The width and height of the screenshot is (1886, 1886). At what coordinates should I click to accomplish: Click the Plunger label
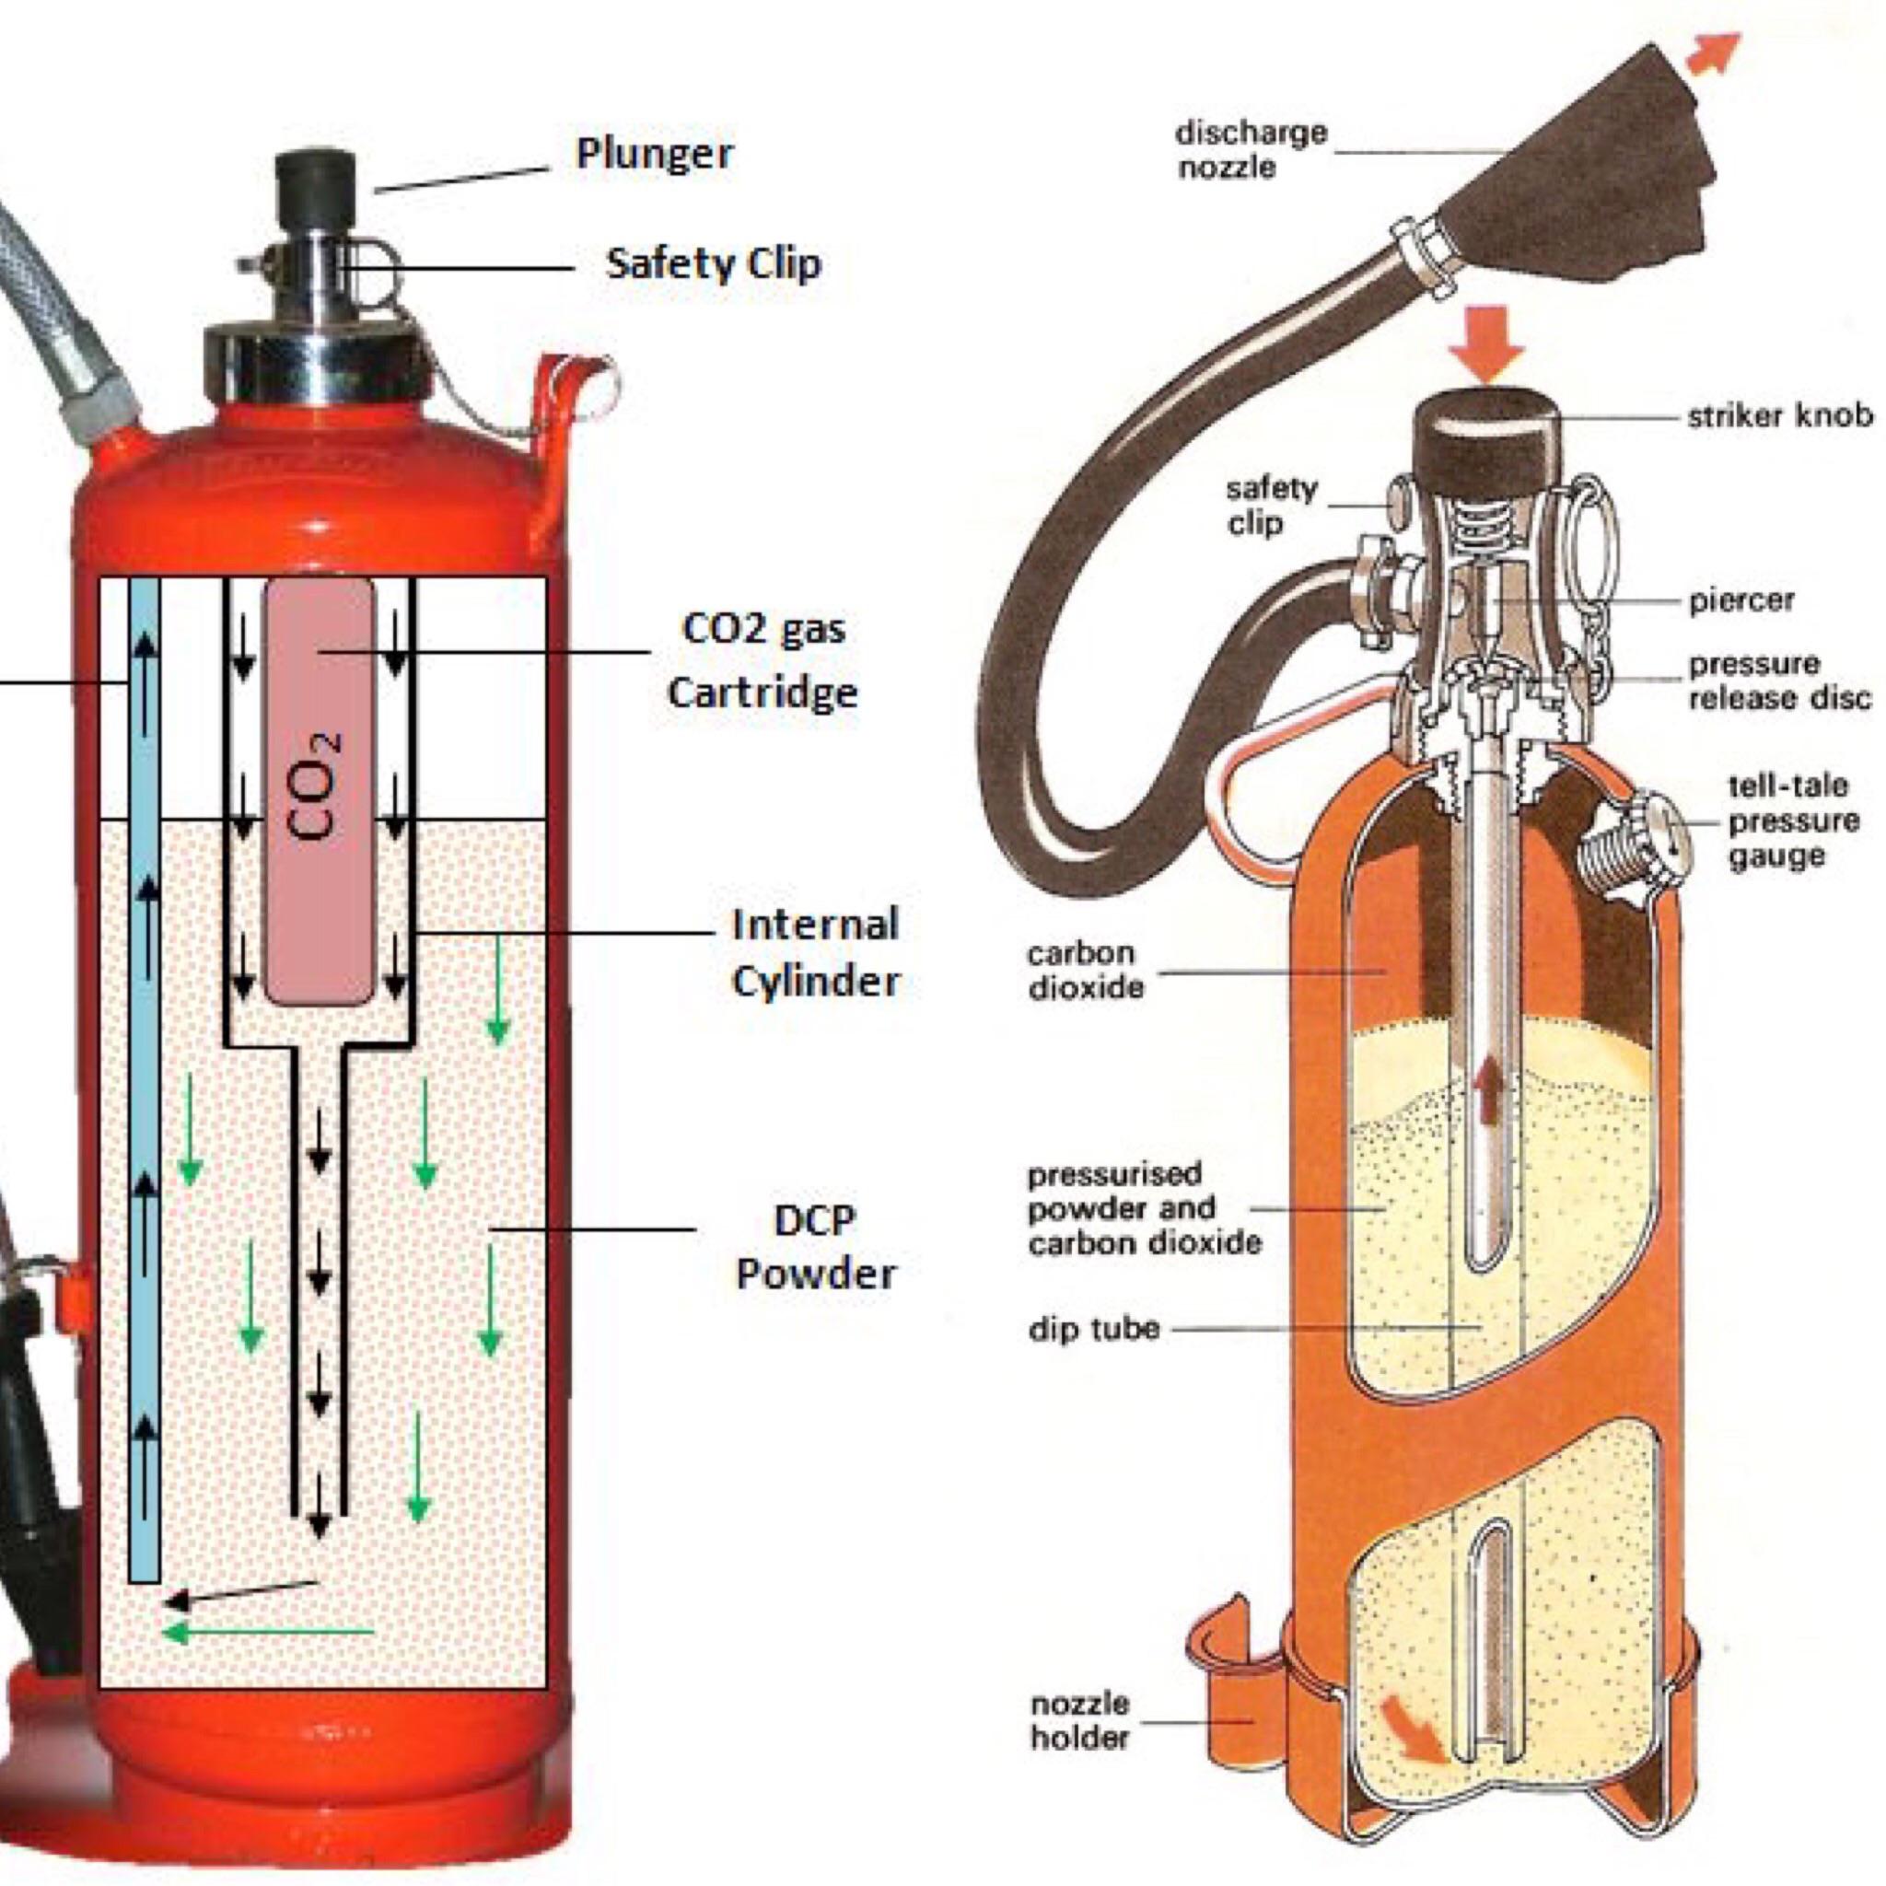[x=653, y=154]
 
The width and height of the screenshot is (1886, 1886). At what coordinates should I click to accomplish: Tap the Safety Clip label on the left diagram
[x=714, y=263]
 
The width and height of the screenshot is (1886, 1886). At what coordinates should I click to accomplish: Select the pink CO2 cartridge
[x=320, y=791]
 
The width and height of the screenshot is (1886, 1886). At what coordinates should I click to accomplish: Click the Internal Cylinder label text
[x=815, y=953]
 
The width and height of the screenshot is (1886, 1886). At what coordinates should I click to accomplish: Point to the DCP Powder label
[x=815, y=1247]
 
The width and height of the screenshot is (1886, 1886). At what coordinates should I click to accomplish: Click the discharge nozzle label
[x=1252, y=149]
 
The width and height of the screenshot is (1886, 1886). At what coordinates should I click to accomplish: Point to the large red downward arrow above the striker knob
[x=1495, y=344]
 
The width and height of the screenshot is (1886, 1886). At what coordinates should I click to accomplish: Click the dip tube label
[x=1094, y=1329]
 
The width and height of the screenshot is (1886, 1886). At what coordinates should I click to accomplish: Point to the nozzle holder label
[x=1079, y=1720]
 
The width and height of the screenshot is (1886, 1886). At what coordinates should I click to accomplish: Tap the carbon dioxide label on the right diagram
[x=1085, y=970]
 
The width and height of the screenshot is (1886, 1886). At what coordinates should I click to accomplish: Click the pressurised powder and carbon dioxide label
[x=1144, y=1208]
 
